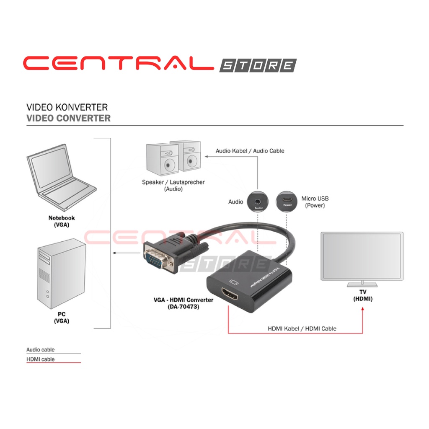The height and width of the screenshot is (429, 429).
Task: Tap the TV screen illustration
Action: pos(362,256)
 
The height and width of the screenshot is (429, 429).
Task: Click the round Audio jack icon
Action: pos(258,202)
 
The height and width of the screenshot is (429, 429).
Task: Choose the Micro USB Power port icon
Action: pos(287,202)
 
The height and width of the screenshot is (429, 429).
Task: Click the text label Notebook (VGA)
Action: pos(62,221)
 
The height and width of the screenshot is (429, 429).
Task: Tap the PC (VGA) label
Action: pos(62,318)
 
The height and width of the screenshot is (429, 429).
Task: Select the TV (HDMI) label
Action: pos(362,296)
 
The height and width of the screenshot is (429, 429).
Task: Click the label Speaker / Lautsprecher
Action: pos(173,182)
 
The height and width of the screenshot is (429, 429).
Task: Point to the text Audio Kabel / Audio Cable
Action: pos(250,151)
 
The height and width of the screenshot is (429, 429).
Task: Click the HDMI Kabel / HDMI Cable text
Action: pos(302,328)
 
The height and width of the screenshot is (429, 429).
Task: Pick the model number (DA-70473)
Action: pos(183,307)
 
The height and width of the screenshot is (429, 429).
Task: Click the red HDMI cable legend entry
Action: pos(41,359)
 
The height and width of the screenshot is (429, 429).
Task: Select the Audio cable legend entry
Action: pos(41,349)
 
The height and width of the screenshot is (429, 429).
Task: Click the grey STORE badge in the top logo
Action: pos(258,65)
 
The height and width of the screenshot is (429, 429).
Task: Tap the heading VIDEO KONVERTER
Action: pos(67,108)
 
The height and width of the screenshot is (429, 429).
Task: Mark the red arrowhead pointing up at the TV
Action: pos(363,309)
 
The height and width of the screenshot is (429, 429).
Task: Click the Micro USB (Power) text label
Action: pos(315,202)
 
